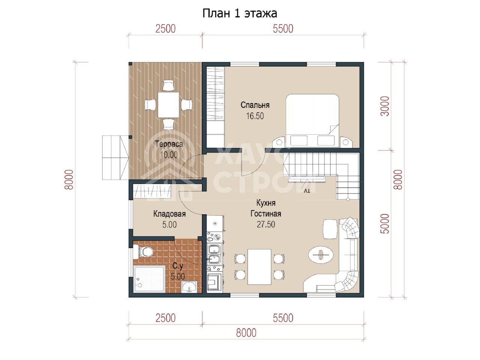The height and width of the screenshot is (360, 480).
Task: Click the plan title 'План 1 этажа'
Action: [240, 13]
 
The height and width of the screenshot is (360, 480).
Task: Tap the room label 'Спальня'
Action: [255, 105]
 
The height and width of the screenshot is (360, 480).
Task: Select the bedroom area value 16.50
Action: [255, 116]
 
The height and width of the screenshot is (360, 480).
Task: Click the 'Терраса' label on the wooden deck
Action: [169, 144]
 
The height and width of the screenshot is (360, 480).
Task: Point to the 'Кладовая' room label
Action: [169, 214]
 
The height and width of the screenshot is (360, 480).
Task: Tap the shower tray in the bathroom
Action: [149, 279]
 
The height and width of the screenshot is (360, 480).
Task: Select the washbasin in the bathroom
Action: [189, 287]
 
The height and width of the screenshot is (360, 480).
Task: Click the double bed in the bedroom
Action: [312, 121]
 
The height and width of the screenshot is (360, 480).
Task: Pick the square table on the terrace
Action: [168, 105]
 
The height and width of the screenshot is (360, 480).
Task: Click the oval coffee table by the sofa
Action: [321, 255]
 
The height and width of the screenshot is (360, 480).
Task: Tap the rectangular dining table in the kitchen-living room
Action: [259, 267]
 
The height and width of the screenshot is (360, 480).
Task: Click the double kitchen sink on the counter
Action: [215, 254]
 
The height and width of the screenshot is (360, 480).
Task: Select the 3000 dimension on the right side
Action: [385, 106]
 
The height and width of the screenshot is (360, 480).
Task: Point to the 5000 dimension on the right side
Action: [385, 223]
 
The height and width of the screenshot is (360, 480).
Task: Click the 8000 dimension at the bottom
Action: [246, 333]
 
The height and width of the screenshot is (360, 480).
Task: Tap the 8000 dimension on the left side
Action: [69, 180]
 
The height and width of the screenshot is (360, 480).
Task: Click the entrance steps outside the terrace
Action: [115, 157]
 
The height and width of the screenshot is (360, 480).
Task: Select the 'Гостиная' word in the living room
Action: [266, 213]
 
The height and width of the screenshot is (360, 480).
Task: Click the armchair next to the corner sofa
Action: [330, 229]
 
